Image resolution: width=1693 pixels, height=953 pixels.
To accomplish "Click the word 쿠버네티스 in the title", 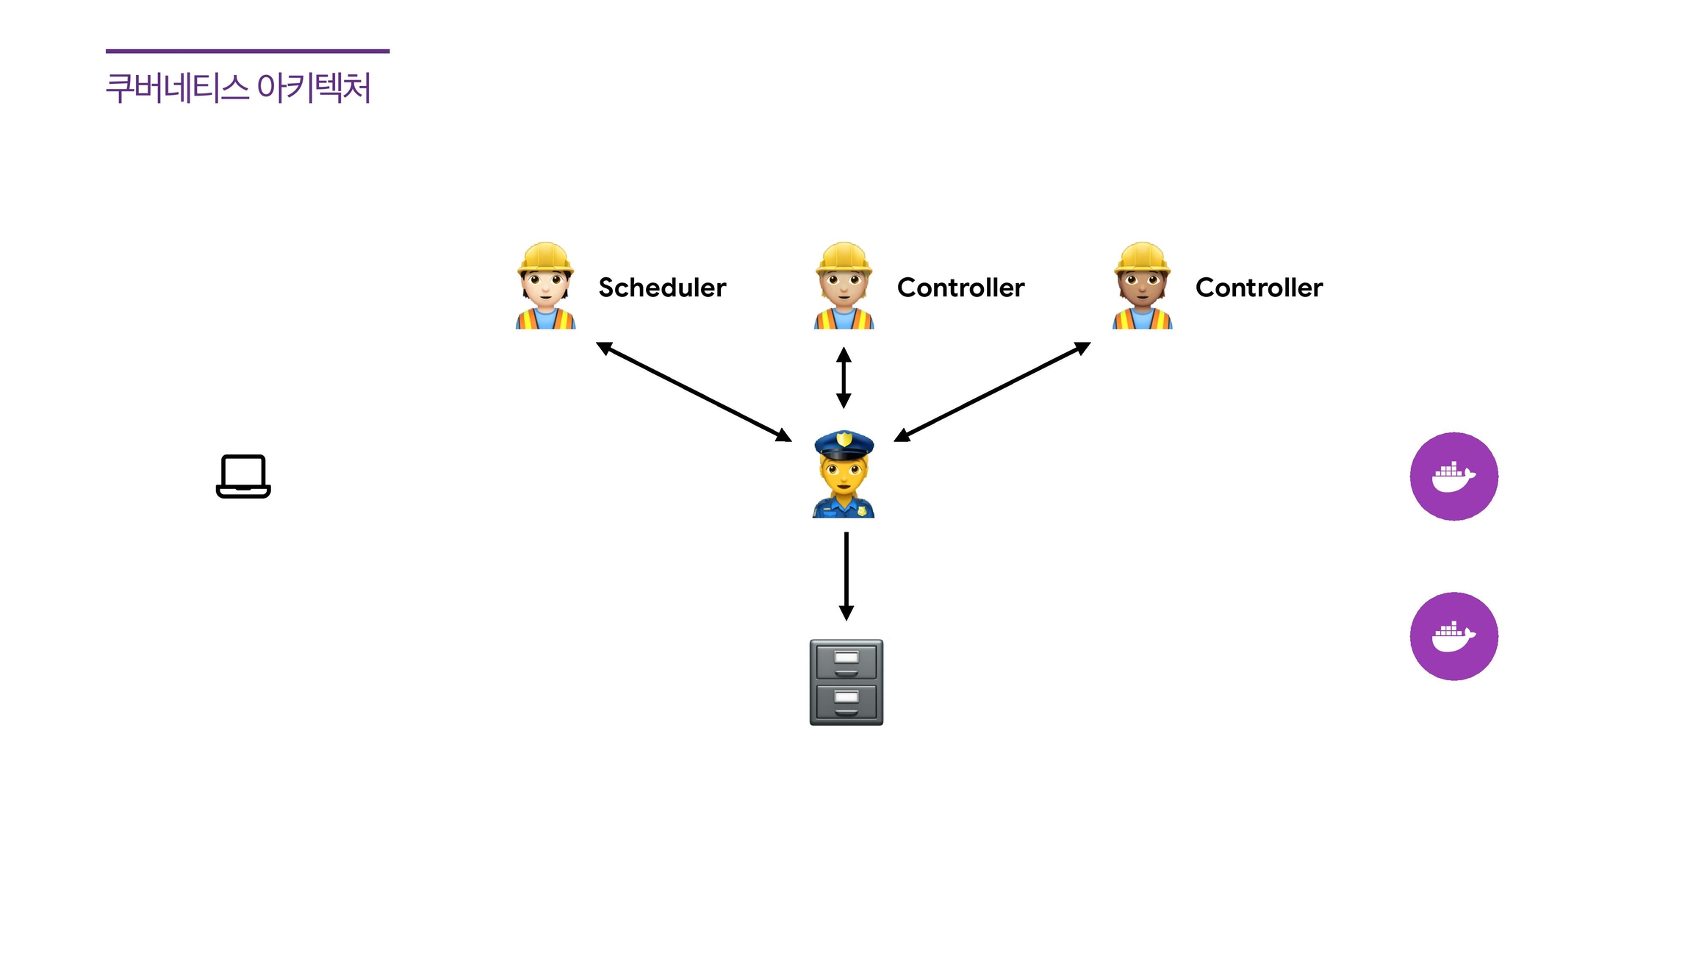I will (177, 88).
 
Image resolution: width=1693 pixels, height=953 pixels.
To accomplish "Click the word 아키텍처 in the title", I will (314, 88).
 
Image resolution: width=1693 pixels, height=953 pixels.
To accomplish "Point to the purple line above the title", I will (248, 51).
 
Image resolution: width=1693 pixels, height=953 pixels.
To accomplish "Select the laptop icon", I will (243, 476).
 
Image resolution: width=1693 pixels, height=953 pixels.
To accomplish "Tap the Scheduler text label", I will (662, 288).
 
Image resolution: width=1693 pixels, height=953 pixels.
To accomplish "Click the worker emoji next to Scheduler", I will (545, 286).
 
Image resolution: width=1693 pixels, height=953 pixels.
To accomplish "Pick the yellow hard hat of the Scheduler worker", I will (545, 257).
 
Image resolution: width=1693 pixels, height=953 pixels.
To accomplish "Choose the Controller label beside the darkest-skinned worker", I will (1259, 288).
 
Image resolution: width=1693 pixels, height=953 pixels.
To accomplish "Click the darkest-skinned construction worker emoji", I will (1142, 286).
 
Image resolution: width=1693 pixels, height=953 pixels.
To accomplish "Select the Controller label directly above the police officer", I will (960, 288).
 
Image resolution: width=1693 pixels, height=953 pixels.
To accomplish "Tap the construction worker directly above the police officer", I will (844, 286).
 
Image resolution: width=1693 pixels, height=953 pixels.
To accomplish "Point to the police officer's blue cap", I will (844, 444).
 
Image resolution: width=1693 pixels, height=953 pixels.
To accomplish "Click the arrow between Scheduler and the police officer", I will (694, 392).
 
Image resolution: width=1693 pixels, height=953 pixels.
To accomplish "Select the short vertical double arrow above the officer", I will (844, 378).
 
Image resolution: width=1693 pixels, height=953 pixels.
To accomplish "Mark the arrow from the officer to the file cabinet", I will (846, 576).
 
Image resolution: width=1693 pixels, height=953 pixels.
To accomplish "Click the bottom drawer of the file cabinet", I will (846, 702).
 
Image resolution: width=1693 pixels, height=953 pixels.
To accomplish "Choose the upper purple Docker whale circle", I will (1453, 476).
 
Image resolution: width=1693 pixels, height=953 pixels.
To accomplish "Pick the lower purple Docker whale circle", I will (1453, 636).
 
